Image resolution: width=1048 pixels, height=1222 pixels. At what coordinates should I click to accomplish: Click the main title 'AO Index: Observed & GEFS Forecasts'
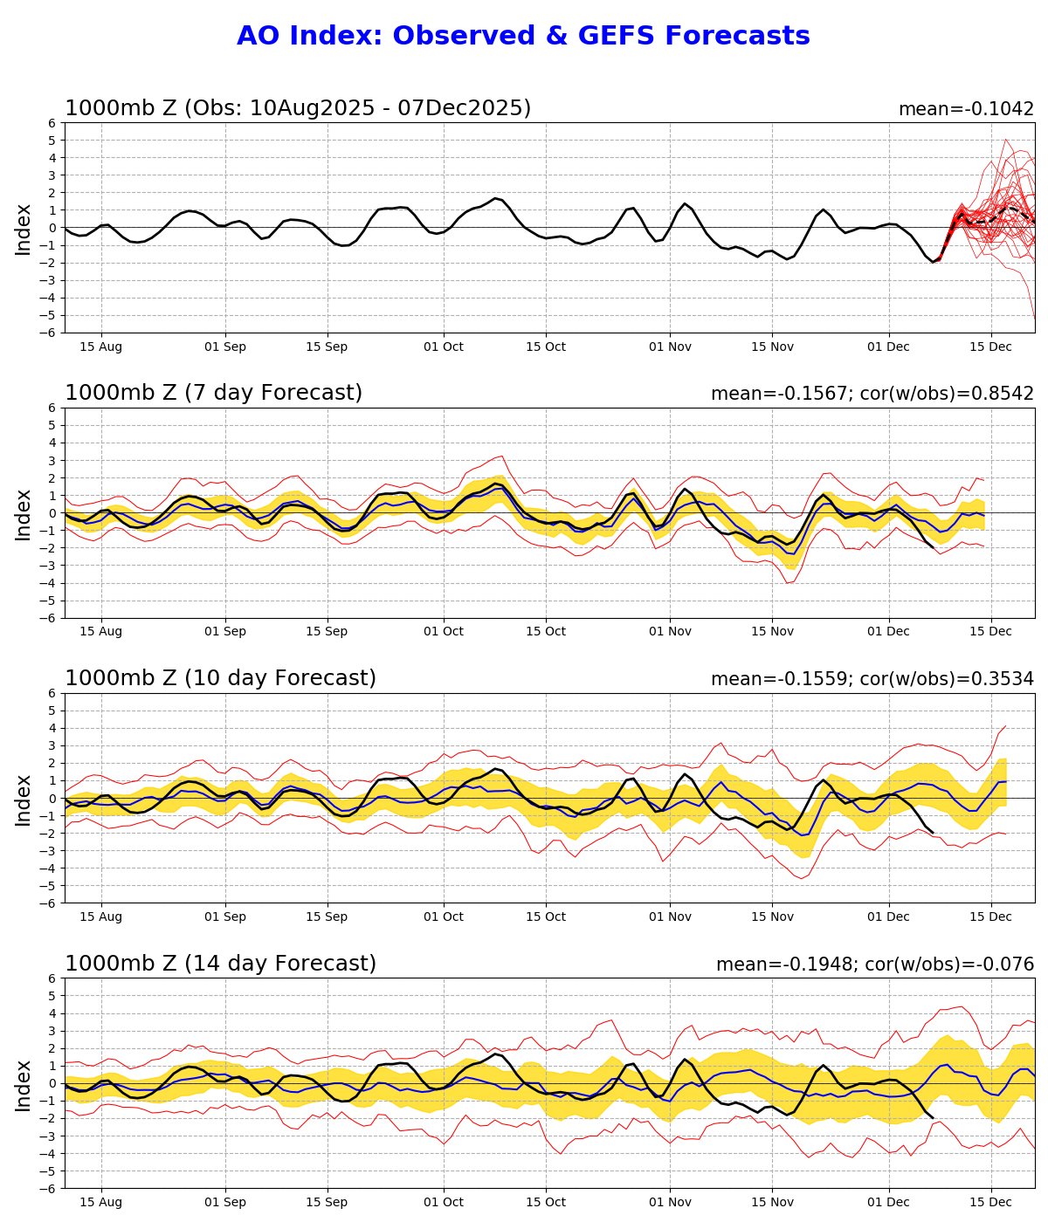pos(523,37)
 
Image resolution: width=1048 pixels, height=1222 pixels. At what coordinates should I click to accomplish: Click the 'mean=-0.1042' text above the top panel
pos(966,109)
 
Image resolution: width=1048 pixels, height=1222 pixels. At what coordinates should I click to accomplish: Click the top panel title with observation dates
pos(298,109)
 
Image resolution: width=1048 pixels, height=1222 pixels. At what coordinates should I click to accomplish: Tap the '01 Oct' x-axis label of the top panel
pos(444,347)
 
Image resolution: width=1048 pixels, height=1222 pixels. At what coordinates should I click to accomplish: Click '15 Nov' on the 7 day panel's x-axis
pos(772,632)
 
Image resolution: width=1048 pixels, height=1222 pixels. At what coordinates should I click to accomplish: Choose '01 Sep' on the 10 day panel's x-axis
pos(225,917)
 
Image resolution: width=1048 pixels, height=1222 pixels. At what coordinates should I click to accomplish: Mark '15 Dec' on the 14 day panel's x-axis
pos(991,1202)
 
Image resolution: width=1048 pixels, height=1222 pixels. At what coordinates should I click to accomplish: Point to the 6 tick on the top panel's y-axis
pos(53,123)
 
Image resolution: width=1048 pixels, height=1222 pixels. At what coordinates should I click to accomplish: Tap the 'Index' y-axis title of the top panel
pos(24,229)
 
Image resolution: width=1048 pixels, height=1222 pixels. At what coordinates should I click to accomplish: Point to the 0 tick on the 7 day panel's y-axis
pos(53,513)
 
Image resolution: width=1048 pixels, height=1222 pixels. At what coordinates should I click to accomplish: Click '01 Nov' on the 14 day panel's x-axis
pos(671,1202)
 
